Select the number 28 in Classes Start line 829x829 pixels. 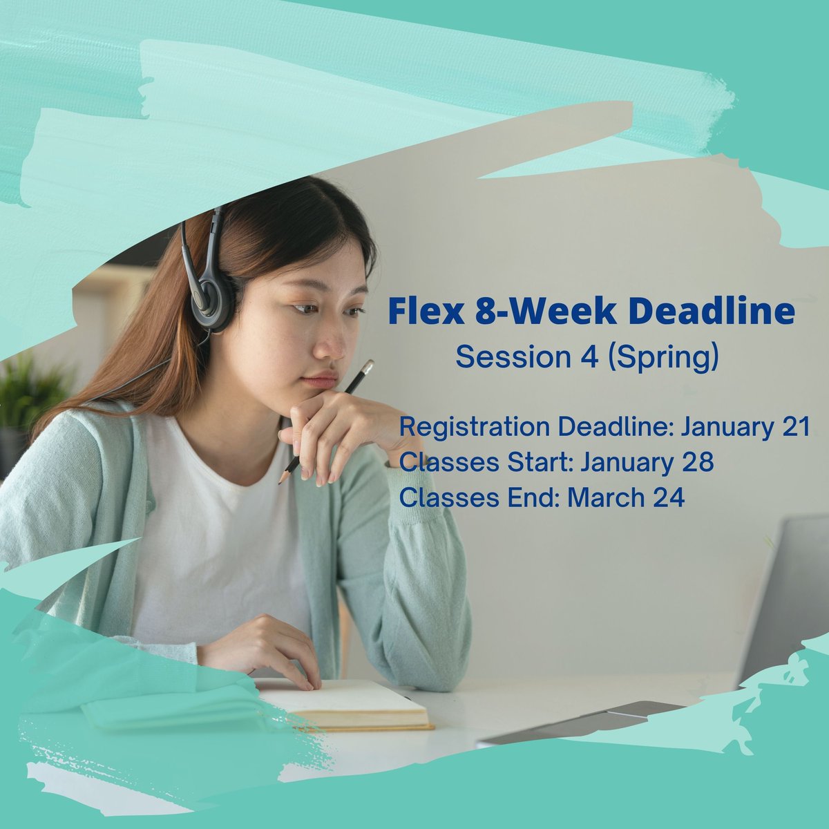tap(695, 462)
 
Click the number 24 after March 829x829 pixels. tap(667, 497)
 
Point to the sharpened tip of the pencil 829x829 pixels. tap(280, 482)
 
